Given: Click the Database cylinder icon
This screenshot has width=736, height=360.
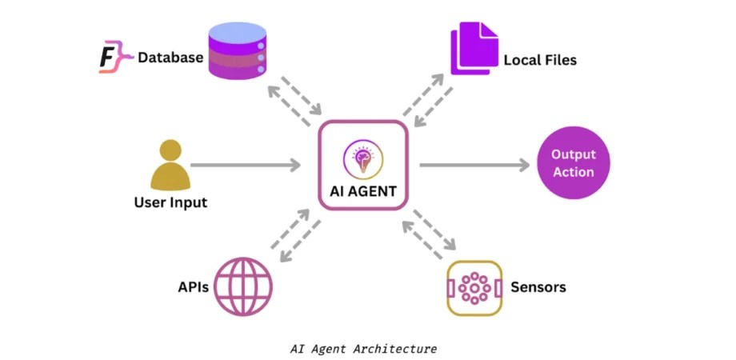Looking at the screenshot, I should [237, 50].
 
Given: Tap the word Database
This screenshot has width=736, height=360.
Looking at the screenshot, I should [170, 58].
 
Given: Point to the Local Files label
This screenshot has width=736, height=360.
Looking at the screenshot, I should [539, 60].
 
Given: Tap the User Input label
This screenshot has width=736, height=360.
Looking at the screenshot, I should [170, 202].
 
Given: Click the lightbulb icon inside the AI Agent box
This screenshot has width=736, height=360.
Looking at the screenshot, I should [363, 157].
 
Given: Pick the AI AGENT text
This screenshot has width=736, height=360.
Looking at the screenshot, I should [363, 191].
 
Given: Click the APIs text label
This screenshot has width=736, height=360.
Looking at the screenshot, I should [194, 286].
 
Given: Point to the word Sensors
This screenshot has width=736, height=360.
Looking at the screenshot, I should [538, 286].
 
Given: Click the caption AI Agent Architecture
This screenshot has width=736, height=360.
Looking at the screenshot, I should [363, 349].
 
